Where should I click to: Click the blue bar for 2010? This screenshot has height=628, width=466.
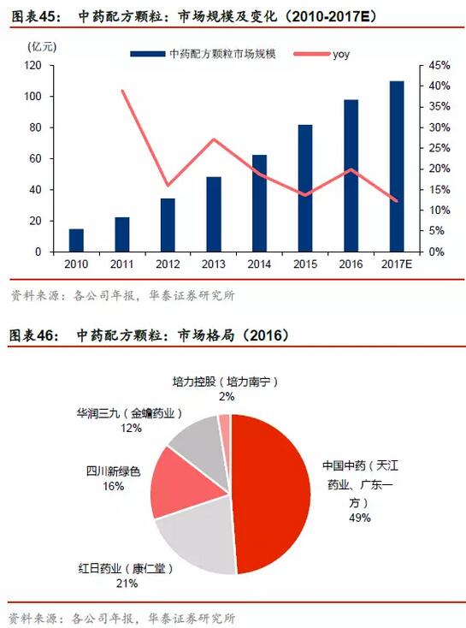click(x=76, y=240)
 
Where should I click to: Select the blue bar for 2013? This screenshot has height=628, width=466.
click(x=214, y=214)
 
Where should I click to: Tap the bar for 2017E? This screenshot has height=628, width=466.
click(x=397, y=167)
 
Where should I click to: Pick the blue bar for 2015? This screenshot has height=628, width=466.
click(x=305, y=188)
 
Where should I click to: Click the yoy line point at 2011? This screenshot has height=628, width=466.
click(x=122, y=91)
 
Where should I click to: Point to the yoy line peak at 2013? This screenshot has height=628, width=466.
click(x=214, y=139)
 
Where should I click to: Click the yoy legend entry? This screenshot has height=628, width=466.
click(x=321, y=54)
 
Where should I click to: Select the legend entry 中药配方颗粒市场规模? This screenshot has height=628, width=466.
click(x=203, y=54)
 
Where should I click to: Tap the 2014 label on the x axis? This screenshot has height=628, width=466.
click(x=259, y=264)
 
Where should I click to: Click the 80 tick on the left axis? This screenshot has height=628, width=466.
click(x=35, y=127)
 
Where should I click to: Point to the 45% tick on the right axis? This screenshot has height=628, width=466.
click(x=439, y=65)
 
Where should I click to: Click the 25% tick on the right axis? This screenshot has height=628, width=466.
click(x=439, y=148)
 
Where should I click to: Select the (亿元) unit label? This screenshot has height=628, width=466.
click(x=42, y=47)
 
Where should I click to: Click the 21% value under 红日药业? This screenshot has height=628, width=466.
click(x=127, y=584)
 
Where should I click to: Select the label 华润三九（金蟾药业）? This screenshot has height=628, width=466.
click(x=129, y=413)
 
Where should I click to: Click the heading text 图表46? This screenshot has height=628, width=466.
click(x=32, y=335)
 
